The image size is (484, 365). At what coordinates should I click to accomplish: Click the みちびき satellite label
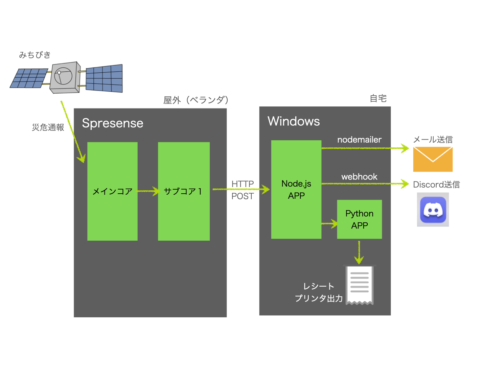(35, 55)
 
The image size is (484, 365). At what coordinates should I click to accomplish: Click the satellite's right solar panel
(104, 78)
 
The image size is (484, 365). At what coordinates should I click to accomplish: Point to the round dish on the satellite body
(64, 76)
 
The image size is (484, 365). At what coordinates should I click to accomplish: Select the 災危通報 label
(48, 127)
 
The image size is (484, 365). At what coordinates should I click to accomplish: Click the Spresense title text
(113, 123)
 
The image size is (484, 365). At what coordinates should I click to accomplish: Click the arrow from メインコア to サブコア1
(148, 191)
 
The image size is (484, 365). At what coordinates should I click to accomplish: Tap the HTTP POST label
(243, 190)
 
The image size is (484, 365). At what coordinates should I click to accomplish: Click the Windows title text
(294, 121)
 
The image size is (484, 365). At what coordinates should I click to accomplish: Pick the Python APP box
(360, 219)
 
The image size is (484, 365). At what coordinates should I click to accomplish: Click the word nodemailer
(359, 140)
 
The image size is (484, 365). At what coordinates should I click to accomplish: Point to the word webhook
(359, 177)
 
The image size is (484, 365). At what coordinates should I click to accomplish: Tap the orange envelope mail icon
(433, 159)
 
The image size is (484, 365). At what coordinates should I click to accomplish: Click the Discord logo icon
(433, 210)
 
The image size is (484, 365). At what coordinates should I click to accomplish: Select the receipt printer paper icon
(360, 285)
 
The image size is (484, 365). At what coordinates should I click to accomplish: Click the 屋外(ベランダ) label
(196, 100)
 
